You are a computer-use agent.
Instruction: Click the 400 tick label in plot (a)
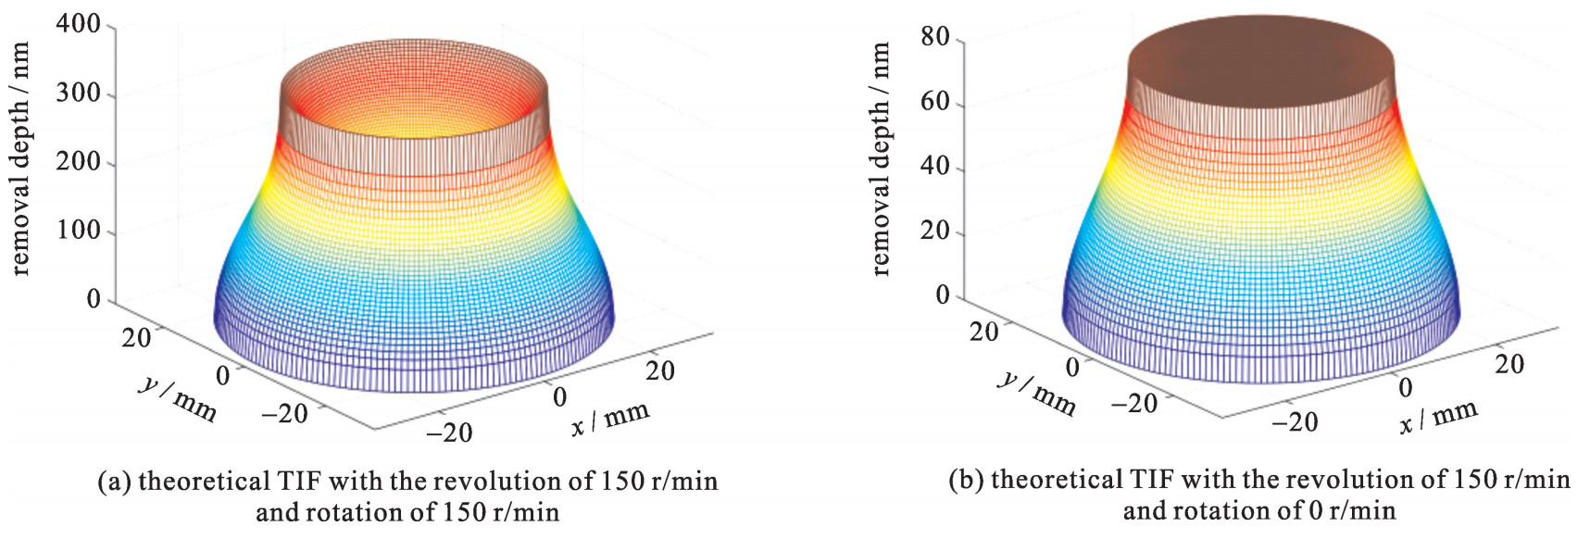coord(78,24)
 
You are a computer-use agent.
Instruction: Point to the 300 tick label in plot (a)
coord(78,94)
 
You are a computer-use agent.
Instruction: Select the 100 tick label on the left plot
coord(78,230)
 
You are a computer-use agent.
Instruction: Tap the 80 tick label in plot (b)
coord(935,37)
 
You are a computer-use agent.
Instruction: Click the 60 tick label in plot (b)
coord(935,101)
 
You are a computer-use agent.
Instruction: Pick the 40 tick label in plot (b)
coord(935,166)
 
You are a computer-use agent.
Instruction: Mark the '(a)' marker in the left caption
coord(115,483)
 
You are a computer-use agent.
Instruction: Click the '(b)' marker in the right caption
coord(967,481)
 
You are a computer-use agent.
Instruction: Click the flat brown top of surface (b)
coord(1260,56)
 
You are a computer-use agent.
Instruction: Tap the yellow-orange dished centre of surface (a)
coord(413,111)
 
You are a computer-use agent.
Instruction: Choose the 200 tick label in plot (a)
coord(78,162)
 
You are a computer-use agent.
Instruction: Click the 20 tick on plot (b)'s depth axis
coord(935,231)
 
